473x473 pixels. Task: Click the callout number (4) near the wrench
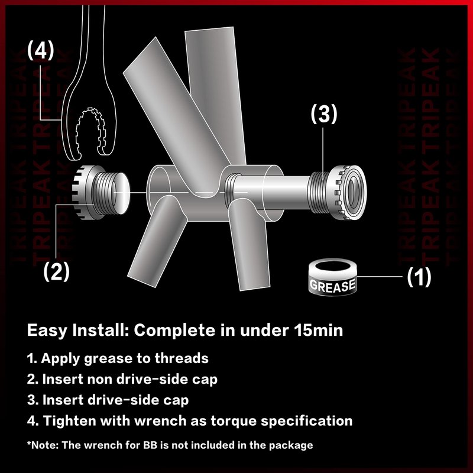[41, 51]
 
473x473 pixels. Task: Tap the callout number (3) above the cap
[324, 114]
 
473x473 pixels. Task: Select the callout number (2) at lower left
[56, 271]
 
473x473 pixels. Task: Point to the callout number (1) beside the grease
[419, 277]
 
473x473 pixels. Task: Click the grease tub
[333, 277]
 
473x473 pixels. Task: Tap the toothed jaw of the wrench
[90, 131]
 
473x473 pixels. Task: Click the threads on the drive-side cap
[319, 192]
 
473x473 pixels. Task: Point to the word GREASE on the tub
[332, 286]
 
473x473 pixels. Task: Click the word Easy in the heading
[47, 331]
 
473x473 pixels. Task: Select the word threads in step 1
[182, 358]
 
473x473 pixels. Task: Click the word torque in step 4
[234, 421]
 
